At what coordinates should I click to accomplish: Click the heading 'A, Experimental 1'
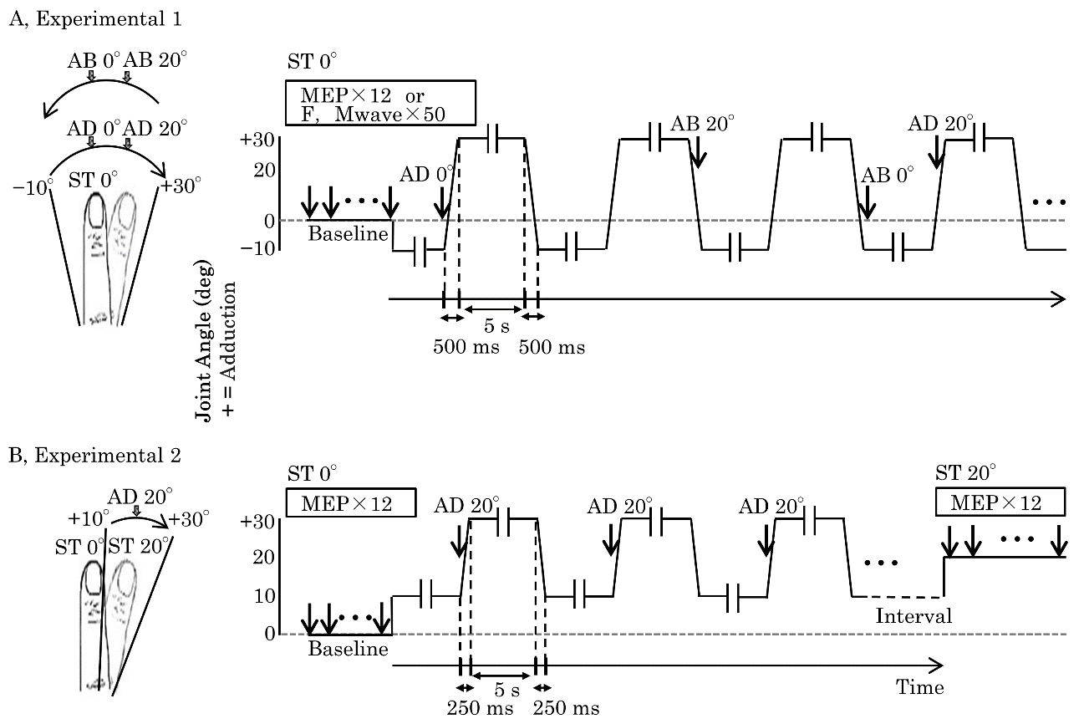pos(95,19)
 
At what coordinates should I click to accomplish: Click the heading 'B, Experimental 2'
pos(94,456)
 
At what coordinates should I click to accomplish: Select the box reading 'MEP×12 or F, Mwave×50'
pos(380,103)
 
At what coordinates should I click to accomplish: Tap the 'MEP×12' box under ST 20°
pos(1000,502)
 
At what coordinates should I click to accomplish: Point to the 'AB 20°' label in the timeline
pos(702,124)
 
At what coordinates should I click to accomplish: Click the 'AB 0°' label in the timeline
pos(888,175)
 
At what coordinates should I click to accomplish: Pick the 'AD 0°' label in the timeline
pos(426,174)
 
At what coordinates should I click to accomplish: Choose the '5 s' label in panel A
pos(496,326)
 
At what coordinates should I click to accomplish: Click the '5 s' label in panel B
pos(507,689)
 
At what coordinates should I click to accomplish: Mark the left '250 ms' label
pos(480,708)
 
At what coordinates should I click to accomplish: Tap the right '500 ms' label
pos(552,347)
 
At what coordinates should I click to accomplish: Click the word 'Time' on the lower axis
pos(920,687)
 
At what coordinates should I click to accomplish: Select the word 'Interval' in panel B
pos(914,616)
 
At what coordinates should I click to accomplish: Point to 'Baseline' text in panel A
pos(349,234)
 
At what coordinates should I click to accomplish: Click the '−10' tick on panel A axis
pos(258,249)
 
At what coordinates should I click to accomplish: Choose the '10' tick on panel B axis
pos(264,596)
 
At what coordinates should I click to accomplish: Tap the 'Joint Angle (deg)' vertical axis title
pos(204,341)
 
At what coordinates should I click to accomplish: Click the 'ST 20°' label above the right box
pos(965,472)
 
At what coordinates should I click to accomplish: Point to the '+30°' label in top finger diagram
pos(180,186)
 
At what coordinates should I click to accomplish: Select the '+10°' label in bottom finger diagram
pos(88,519)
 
